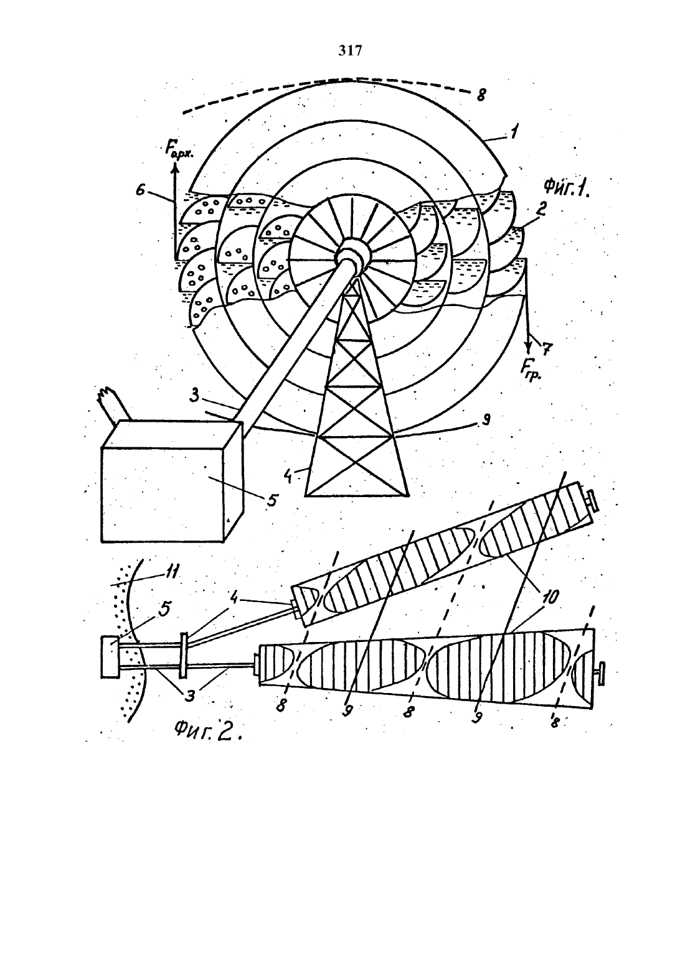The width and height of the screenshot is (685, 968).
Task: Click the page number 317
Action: (350, 51)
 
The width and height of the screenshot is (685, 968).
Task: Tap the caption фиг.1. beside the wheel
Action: (567, 188)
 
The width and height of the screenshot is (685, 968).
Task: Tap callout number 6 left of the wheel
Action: (140, 190)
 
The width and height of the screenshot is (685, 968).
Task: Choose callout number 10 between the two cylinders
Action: (549, 597)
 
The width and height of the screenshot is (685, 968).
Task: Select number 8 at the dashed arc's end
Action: (481, 95)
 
